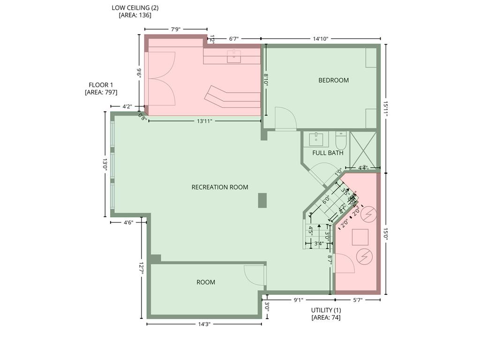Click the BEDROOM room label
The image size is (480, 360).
[333, 80]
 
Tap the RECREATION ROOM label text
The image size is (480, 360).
[220, 187]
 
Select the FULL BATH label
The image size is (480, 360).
[328, 153]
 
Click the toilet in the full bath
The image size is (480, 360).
[341, 140]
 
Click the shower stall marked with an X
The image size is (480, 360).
[363, 148]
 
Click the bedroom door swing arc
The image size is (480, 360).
[285, 119]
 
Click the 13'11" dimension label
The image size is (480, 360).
[204, 121]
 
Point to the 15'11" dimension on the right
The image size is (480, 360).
[385, 108]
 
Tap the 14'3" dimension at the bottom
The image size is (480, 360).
[204, 324]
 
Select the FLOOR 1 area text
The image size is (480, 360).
[101, 89]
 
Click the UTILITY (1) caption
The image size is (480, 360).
[326, 314]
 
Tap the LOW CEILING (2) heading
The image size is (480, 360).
[135, 11]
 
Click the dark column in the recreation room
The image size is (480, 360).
[262, 200]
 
